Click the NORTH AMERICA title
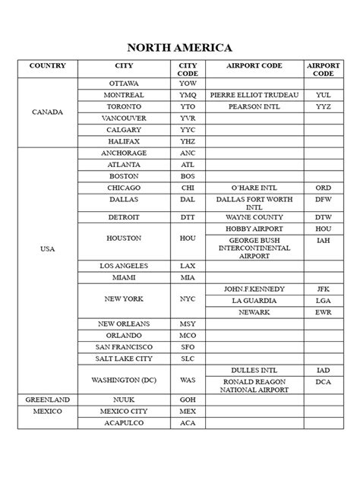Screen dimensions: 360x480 click(180, 48)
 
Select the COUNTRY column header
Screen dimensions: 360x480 click(47, 66)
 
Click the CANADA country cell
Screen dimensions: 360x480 click(47, 112)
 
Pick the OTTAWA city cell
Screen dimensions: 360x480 click(124, 82)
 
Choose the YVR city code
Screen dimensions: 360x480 click(187, 118)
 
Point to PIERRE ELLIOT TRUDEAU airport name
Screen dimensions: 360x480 click(254, 94)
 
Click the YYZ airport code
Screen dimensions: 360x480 click(324, 106)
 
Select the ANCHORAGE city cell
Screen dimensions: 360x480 click(124, 152)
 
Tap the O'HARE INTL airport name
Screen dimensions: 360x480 click(254, 188)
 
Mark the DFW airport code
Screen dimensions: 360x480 click(324, 200)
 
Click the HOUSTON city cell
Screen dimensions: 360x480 click(124, 238)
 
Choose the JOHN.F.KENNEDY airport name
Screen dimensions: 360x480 click(254, 289)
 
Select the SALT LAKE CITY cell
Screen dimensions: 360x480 click(124, 358)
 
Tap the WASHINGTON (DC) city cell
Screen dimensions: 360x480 click(124, 379)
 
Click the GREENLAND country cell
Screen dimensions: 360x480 click(47, 399)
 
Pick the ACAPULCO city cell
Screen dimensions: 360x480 click(124, 423)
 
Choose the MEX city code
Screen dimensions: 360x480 click(187, 411)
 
